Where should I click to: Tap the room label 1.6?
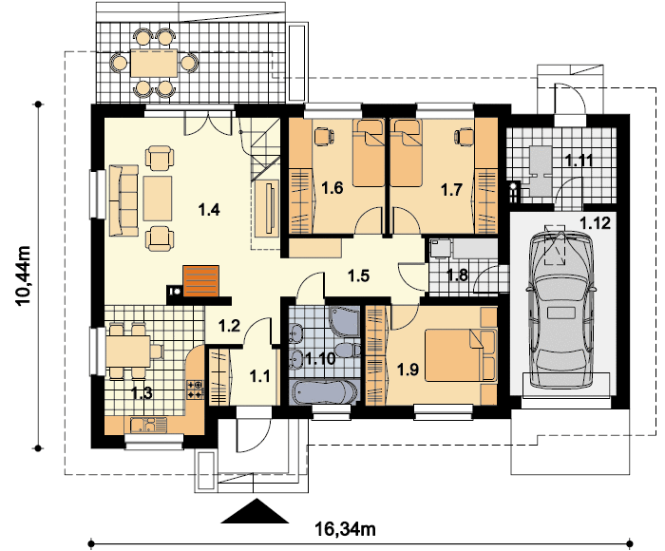(x=332, y=189)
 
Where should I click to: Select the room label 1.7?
(x=451, y=189)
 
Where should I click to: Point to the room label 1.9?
(x=408, y=368)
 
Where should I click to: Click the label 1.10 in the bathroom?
(x=320, y=358)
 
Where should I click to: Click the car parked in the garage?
(x=560, y=309)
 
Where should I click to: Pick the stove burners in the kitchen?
(x=196, y=389)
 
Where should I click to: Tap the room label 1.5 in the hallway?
(x=358, y=276)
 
